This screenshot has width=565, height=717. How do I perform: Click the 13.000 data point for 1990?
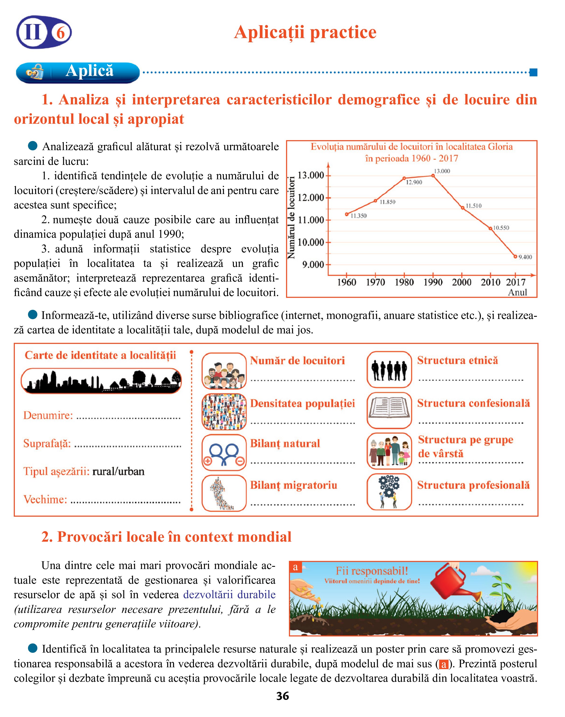click(433, 176)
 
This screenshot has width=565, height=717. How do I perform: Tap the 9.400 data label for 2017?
click(525, 257)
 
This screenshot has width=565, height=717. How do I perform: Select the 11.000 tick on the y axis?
click(311, 220)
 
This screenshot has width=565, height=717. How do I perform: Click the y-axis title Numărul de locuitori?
click(291, 218)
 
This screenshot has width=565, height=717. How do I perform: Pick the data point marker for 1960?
click(347, 214)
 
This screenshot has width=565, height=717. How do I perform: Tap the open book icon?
click(389, 410)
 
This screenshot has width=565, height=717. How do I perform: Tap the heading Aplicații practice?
click(305, 32)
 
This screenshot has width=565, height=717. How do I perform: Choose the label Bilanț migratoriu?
click(293, 485)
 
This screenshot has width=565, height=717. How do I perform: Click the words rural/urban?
click(118, 471)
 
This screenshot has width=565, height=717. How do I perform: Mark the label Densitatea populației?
click(302, 403)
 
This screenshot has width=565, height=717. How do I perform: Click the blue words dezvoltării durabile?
click(229, 595)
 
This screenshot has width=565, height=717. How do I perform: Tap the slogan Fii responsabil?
click(372, 571)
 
